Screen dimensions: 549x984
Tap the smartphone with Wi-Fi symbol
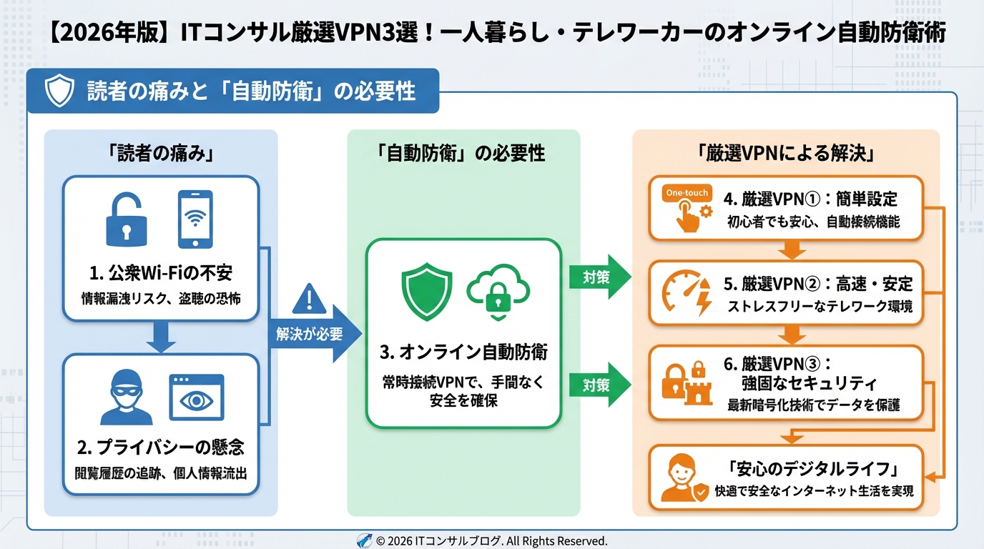point(195,218)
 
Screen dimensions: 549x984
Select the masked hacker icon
point(127,397)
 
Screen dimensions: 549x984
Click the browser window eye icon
point(196,397)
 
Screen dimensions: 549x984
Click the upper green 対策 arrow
point(599,277)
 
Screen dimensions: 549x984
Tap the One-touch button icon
point(686,209)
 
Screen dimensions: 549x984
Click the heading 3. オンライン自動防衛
point(463,352)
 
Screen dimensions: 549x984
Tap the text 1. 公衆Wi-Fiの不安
point(161,273)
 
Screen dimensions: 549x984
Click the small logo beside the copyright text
point(364,540)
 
